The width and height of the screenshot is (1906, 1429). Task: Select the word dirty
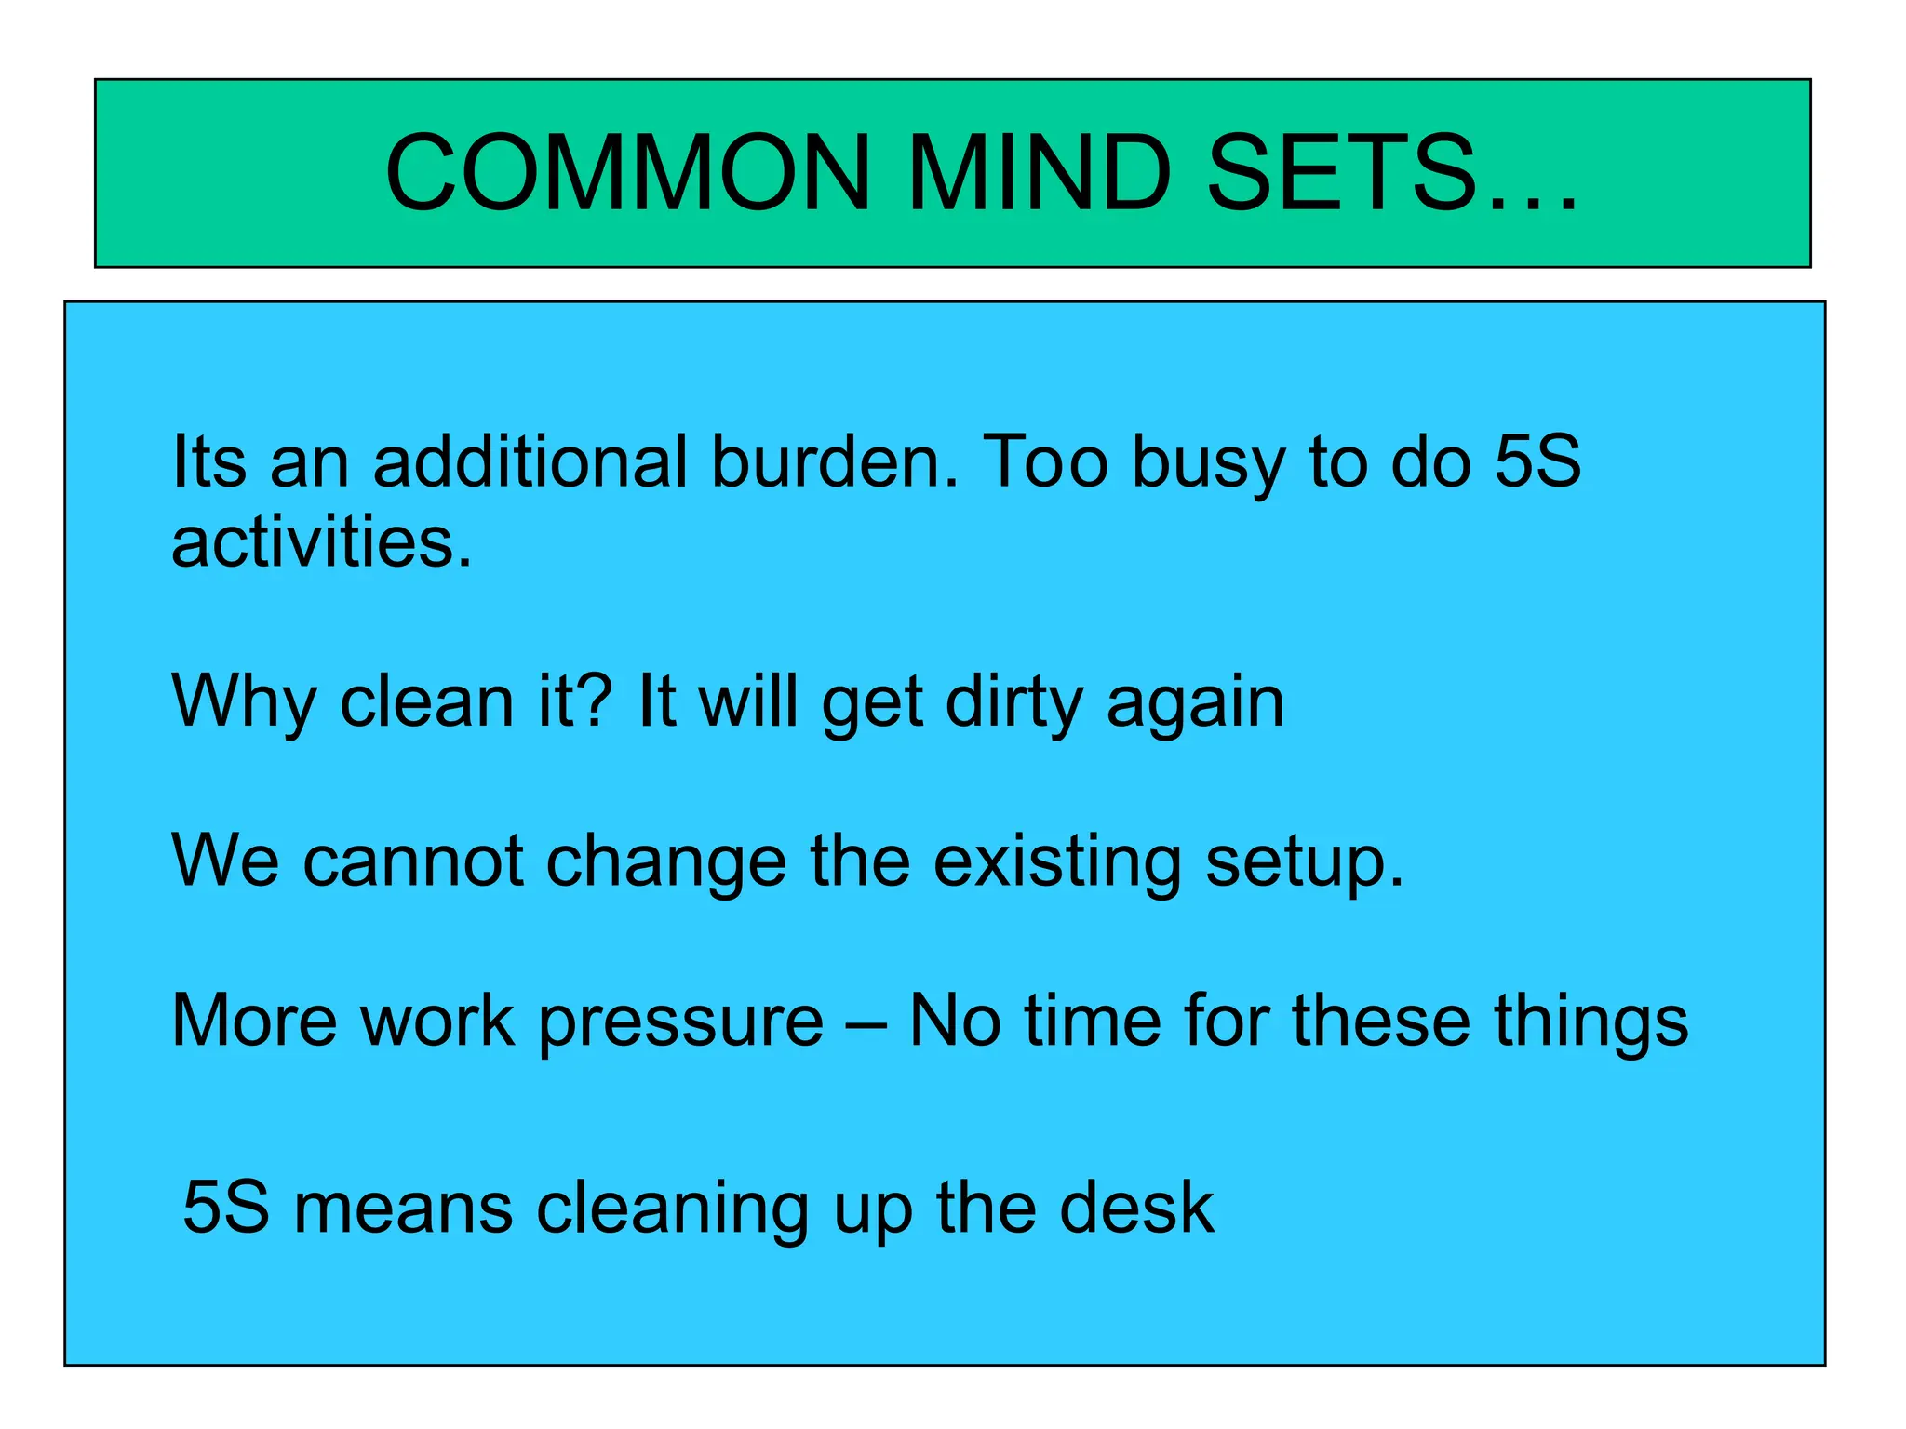[x=1013, y=702]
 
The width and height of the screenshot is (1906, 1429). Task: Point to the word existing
[x=1056, y=863]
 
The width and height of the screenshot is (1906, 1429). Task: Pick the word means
[x=403, y=1209]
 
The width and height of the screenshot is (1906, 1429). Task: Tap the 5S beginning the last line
[x=225, y=1207]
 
